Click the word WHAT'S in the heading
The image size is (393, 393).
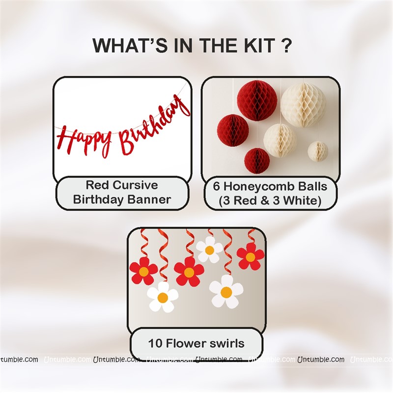point(130,45)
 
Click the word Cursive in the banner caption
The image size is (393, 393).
point(136,185)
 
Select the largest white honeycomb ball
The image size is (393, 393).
point(303,102)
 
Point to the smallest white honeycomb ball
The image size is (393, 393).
point(317,151)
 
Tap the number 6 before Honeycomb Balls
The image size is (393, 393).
point(216,187)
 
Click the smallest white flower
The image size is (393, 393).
point(209,250)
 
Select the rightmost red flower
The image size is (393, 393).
point(251,256)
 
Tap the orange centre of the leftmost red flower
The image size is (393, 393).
point(143,272)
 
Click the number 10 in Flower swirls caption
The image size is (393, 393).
point(155,343)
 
